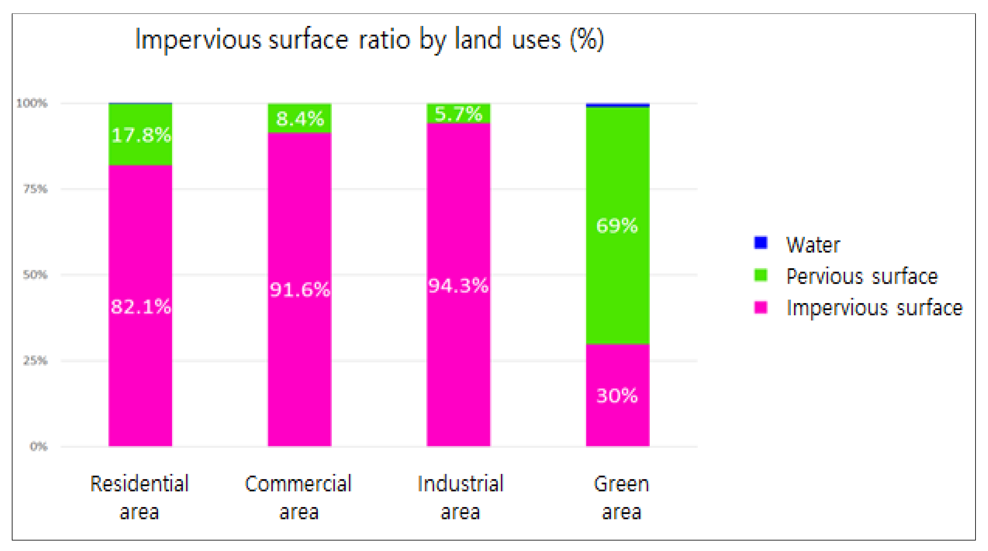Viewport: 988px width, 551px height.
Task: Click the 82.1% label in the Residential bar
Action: pyautogui.click(x=141, y=307)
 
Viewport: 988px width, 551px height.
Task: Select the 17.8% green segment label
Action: pyautogui.click(x=141, y=135)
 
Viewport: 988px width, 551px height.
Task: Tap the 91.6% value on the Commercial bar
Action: pyautogui.click(x=299, y=290)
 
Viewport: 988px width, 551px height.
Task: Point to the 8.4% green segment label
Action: pyautogui.click(x=300, y=119)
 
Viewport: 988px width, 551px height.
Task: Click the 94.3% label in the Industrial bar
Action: pyautogui.click(x=458, y=286)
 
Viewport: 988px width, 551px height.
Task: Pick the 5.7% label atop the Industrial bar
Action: pyautogui.click(x=458, y=114)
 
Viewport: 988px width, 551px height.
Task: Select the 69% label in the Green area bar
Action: pyautogui.click(x=617, y=226)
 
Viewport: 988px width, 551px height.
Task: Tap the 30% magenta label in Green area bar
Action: pyautogui.click(x=617, y=396)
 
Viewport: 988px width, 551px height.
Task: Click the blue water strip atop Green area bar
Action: pyautogui.click(x=618, y=105)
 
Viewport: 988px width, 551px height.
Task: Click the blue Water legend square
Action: pyautogui.click(x=760, y=243)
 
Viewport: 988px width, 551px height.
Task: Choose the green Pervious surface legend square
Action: pyautogui.click(x=760, y=275)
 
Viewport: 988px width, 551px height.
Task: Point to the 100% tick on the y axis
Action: pyautogui.click(x=32, y=103)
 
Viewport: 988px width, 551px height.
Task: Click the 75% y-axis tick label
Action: pyautogui.click(x=35, y=189)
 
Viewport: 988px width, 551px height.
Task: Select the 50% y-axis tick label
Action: pyautogui.click(x=35, y=275)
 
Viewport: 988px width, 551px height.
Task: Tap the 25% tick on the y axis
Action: pyautogui.click(x=35, y=361)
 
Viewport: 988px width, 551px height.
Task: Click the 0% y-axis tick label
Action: pyautogui.click(x=38, y=446)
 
